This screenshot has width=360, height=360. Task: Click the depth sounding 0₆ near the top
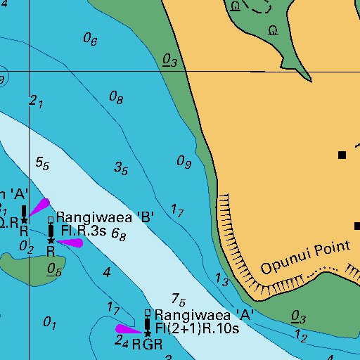[90, 39]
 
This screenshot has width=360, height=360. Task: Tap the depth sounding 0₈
[116, 98]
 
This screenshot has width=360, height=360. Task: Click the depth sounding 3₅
[121, 168]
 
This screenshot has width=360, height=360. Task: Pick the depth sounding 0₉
[184, 162]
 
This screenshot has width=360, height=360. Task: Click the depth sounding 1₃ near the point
[221, 281]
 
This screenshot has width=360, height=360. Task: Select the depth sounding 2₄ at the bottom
[121, 342]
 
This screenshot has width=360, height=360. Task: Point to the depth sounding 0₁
[49, 323]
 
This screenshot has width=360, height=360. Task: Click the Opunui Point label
[304, 257]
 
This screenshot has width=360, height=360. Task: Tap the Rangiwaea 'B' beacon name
[105, 217]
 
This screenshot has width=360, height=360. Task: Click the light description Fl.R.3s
[84, 230]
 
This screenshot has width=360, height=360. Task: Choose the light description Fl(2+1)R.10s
[198, 328]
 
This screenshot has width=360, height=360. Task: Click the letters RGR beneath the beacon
[147, 345]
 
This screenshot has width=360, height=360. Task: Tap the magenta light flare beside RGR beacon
[129, 328]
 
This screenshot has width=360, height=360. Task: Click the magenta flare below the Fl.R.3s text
[70, 243]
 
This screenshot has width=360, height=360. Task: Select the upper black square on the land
[342, 155]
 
